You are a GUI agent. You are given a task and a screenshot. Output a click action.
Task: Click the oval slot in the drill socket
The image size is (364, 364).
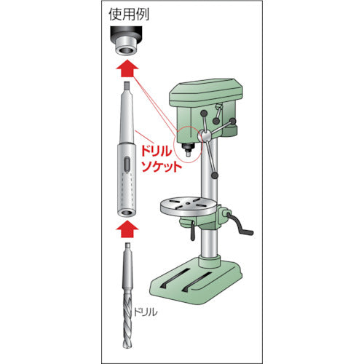tap(127, 165)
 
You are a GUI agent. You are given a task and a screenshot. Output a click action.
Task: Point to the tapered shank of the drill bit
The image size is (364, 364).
tap(127, 266)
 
